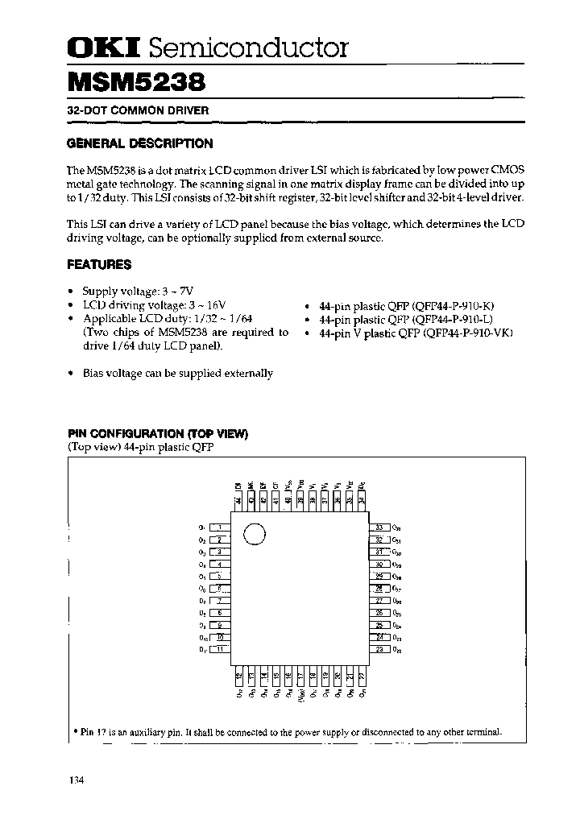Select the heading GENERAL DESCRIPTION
(139, 144)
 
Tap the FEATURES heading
(99, 264)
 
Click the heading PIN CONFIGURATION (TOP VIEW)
(157, 434)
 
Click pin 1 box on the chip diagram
(220, 527)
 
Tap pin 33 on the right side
(379, 527)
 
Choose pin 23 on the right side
(379, 650)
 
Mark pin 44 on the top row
(238, 500)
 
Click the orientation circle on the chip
(253, 534)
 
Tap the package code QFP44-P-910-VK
(462, 332)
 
